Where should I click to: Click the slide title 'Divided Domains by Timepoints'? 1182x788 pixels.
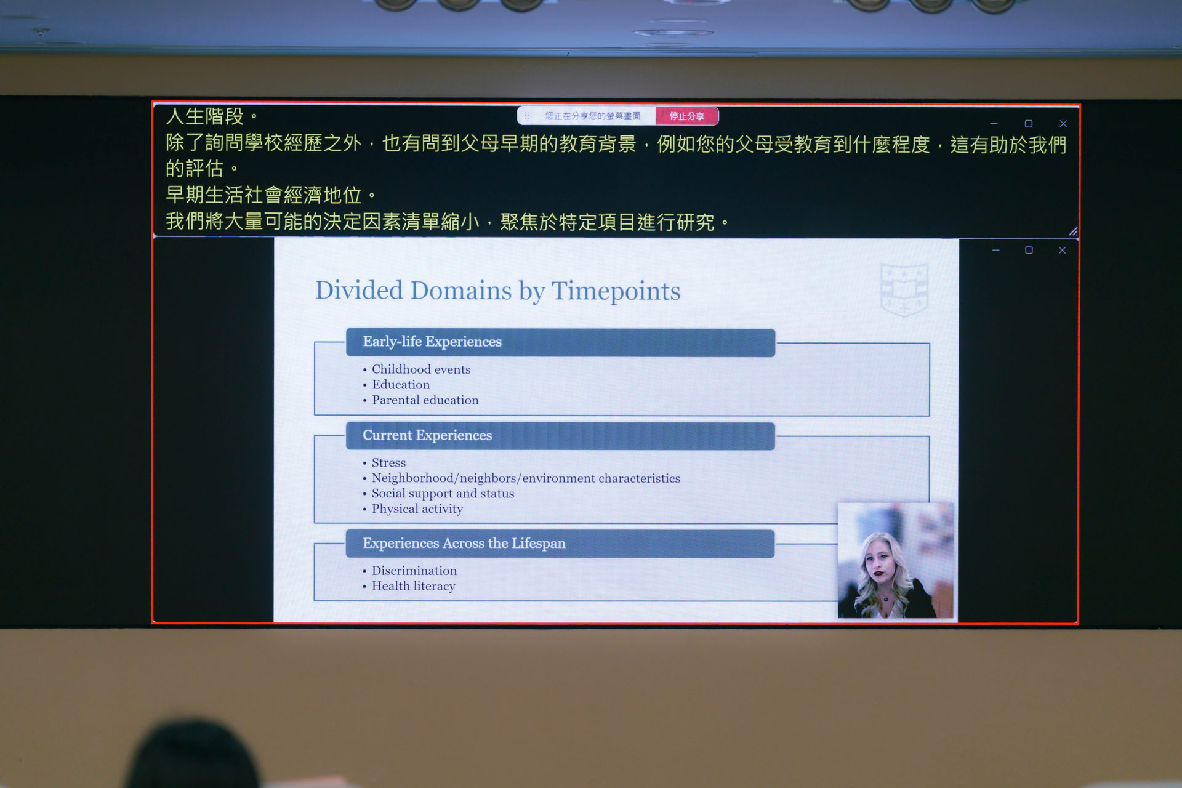coord(497,291)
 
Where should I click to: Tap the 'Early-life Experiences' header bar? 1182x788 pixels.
coord(560,342)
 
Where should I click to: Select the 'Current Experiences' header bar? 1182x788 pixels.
coord(560,436)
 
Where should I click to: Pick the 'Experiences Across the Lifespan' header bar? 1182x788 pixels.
coord(560,544)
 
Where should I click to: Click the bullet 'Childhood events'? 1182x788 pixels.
coord(421,369)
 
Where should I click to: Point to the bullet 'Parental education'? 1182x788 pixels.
coord(425,400)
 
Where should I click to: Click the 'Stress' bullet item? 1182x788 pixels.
coord(388,463)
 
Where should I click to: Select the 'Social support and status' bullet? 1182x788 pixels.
coord(443,494)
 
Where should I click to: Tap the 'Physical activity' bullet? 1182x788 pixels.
coord(417,509)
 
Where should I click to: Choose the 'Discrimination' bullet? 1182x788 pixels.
coord(414,571)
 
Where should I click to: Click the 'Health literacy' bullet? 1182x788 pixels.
coord(413,586)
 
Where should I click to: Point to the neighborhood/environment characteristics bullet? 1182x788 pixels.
coord(526,478)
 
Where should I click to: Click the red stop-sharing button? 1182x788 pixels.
coord(686,116)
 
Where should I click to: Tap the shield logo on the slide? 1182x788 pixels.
coord(904,289)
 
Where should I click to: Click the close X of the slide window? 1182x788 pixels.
coord(1062,250)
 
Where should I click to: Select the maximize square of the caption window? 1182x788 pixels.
coord(1028,124)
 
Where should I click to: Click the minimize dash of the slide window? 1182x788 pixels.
coord(995,250)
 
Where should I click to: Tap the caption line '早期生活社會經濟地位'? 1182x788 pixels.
coord(263,195)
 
